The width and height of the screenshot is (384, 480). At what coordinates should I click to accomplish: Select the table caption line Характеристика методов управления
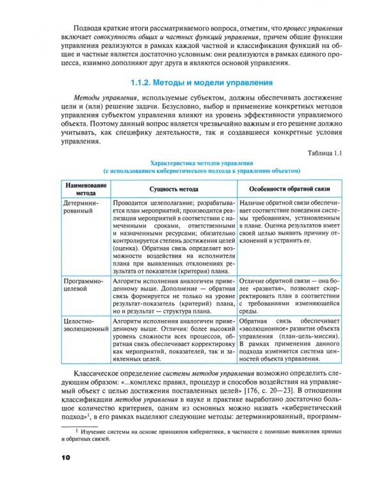202,163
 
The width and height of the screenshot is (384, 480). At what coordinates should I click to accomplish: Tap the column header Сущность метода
173,189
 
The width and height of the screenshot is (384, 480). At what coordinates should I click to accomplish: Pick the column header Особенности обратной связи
292,189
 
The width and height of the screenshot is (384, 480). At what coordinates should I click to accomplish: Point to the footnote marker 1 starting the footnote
77,433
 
